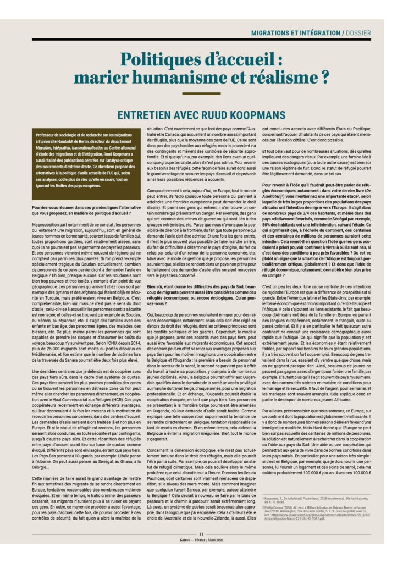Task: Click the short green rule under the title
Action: click(x=201, y=93)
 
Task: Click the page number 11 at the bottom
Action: click(x=201, y=549)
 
